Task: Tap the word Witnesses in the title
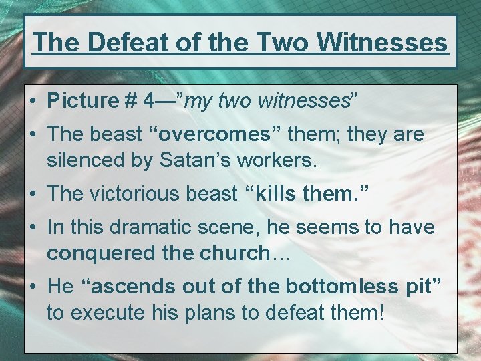click(x=383, y=42)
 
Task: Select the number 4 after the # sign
click(x=150, y=101)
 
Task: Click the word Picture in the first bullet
click(x=82, y=101)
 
